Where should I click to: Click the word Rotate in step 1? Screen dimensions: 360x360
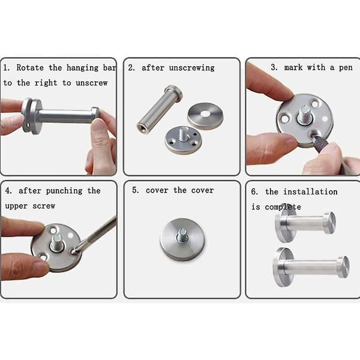pyautogui.click(x=30, y=68)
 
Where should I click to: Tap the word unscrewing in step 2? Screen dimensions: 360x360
pyautogui.click(x=192, y=68)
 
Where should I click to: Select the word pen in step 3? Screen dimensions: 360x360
pyautogui.click(x=346, y=68)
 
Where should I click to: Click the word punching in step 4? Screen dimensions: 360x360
pyautogui.click(x=64, y=191)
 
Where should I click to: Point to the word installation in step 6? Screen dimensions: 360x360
pyautogui.click(x=310, y=191)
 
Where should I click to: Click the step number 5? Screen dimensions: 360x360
pyautogui.click(x=135, y=190)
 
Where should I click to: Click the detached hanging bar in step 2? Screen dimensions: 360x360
pyautogui.click(x=160, y=109)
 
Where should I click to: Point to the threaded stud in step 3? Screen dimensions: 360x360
pyautogui.click(x=305, y=114)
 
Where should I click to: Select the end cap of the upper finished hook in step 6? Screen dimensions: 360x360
pyautogui.click(x=330, y=223)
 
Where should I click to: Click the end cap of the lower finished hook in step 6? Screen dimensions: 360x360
pyautogui.click(x=343, y=267)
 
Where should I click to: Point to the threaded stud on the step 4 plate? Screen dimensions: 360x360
pyautogui.click(x=57, y=243)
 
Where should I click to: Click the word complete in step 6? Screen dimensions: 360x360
pyautogui.click(x=283, y=207)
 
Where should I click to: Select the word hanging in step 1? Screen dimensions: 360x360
pyautogui.click(x=83, y=68)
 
